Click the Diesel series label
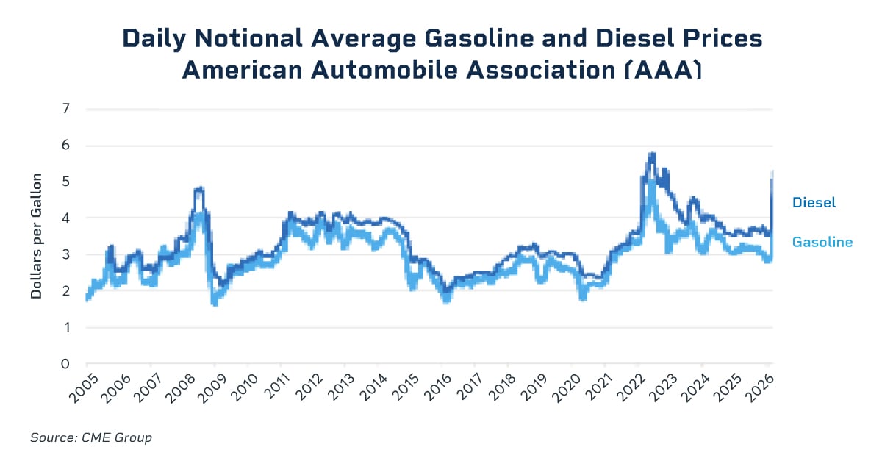[x=814, y=202]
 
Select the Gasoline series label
[x=822, y=242]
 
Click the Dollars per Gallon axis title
[x=36, y=236]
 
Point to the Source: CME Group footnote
[x=91, y=437]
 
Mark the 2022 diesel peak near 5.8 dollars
[x=651, y=154]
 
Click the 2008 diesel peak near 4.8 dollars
[x=198, y=189]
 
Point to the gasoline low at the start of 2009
[x=214, y=302]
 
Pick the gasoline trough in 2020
[x=584, y=297]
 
